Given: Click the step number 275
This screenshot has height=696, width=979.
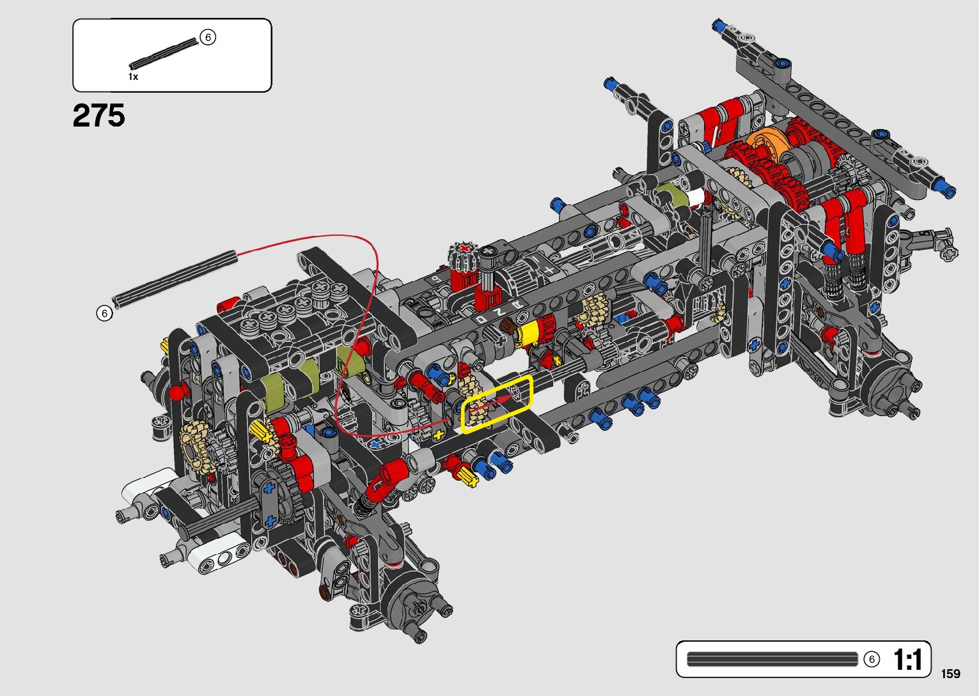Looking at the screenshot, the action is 98,115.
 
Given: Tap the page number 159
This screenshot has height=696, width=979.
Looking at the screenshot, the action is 951,674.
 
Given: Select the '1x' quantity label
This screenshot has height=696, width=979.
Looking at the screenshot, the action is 133,77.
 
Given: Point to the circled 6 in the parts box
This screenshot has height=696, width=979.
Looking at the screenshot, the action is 208,37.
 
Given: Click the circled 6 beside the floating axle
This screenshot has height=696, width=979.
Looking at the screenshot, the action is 104,313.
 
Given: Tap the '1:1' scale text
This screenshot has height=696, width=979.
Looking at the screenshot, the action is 907,660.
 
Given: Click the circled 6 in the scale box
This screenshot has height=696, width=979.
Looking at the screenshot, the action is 872,659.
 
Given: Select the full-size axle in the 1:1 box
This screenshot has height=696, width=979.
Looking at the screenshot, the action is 772,659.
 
